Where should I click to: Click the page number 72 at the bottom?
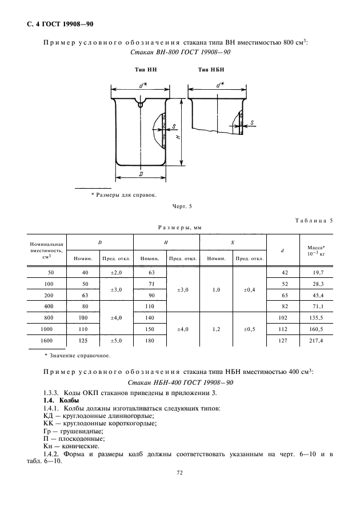(179, 472)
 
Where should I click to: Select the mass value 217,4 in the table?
(316, 341)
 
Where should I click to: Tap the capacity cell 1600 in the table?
(47, 341)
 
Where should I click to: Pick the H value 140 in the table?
(150, 317)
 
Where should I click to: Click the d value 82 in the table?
(283, 306)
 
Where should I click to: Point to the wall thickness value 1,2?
(216, 329)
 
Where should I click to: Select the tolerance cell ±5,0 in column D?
(117, 341)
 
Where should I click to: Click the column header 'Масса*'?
(316, 248)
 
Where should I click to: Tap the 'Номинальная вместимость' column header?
(47, 250)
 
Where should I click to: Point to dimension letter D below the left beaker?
(141, 174)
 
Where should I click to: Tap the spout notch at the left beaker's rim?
(141, 103)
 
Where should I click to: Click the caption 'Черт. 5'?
(182, 206)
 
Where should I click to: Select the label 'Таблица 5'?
(314, 220)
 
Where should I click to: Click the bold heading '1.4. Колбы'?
(61, 400)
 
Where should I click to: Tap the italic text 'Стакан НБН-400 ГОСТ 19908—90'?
(181, 382)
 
